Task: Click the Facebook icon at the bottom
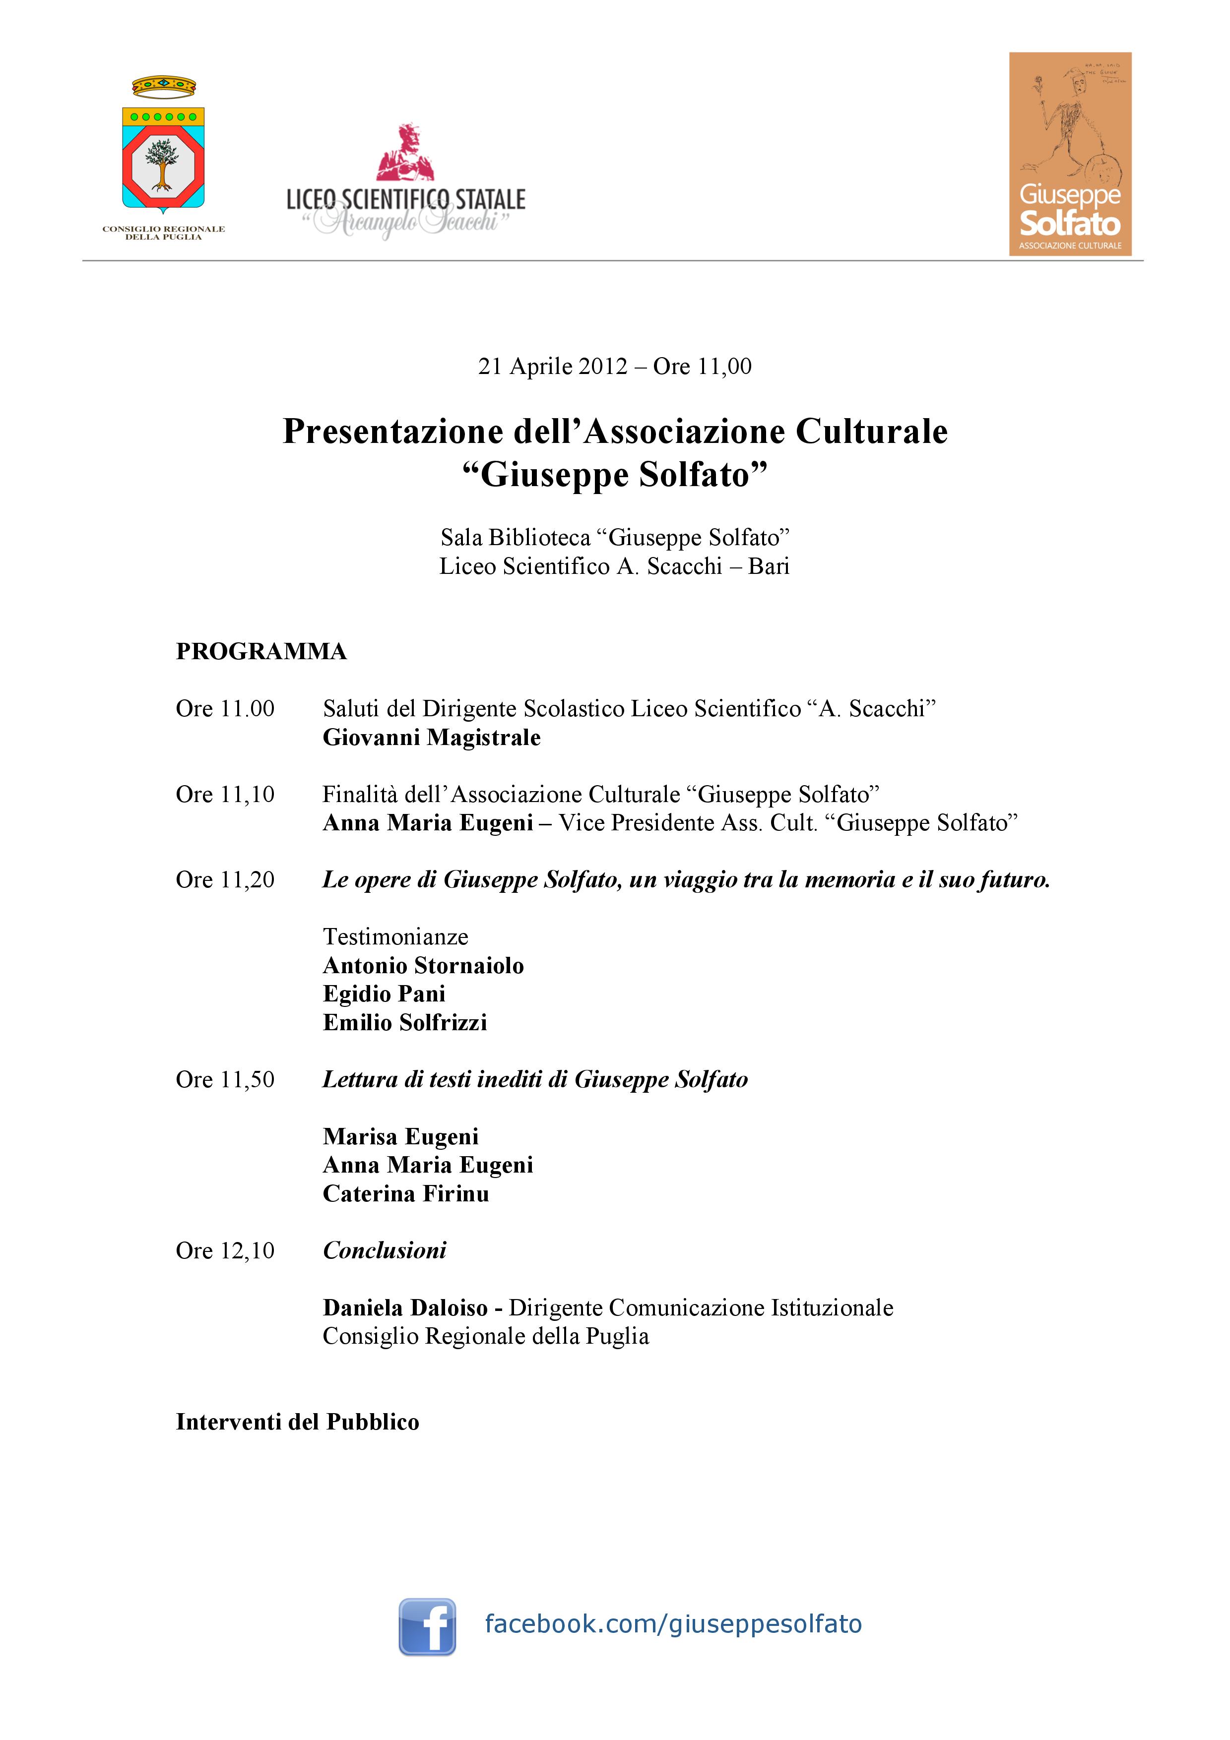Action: point(427,1626)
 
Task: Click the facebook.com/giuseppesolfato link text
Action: point(673,1624)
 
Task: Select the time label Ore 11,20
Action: point(225,880)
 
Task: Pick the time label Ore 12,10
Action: point(225,1250)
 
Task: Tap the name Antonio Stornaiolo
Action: point(423,966)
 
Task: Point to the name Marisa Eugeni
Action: point(400,1137)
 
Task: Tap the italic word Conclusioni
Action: point(384,1250)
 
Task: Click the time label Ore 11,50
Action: point(225,1079)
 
